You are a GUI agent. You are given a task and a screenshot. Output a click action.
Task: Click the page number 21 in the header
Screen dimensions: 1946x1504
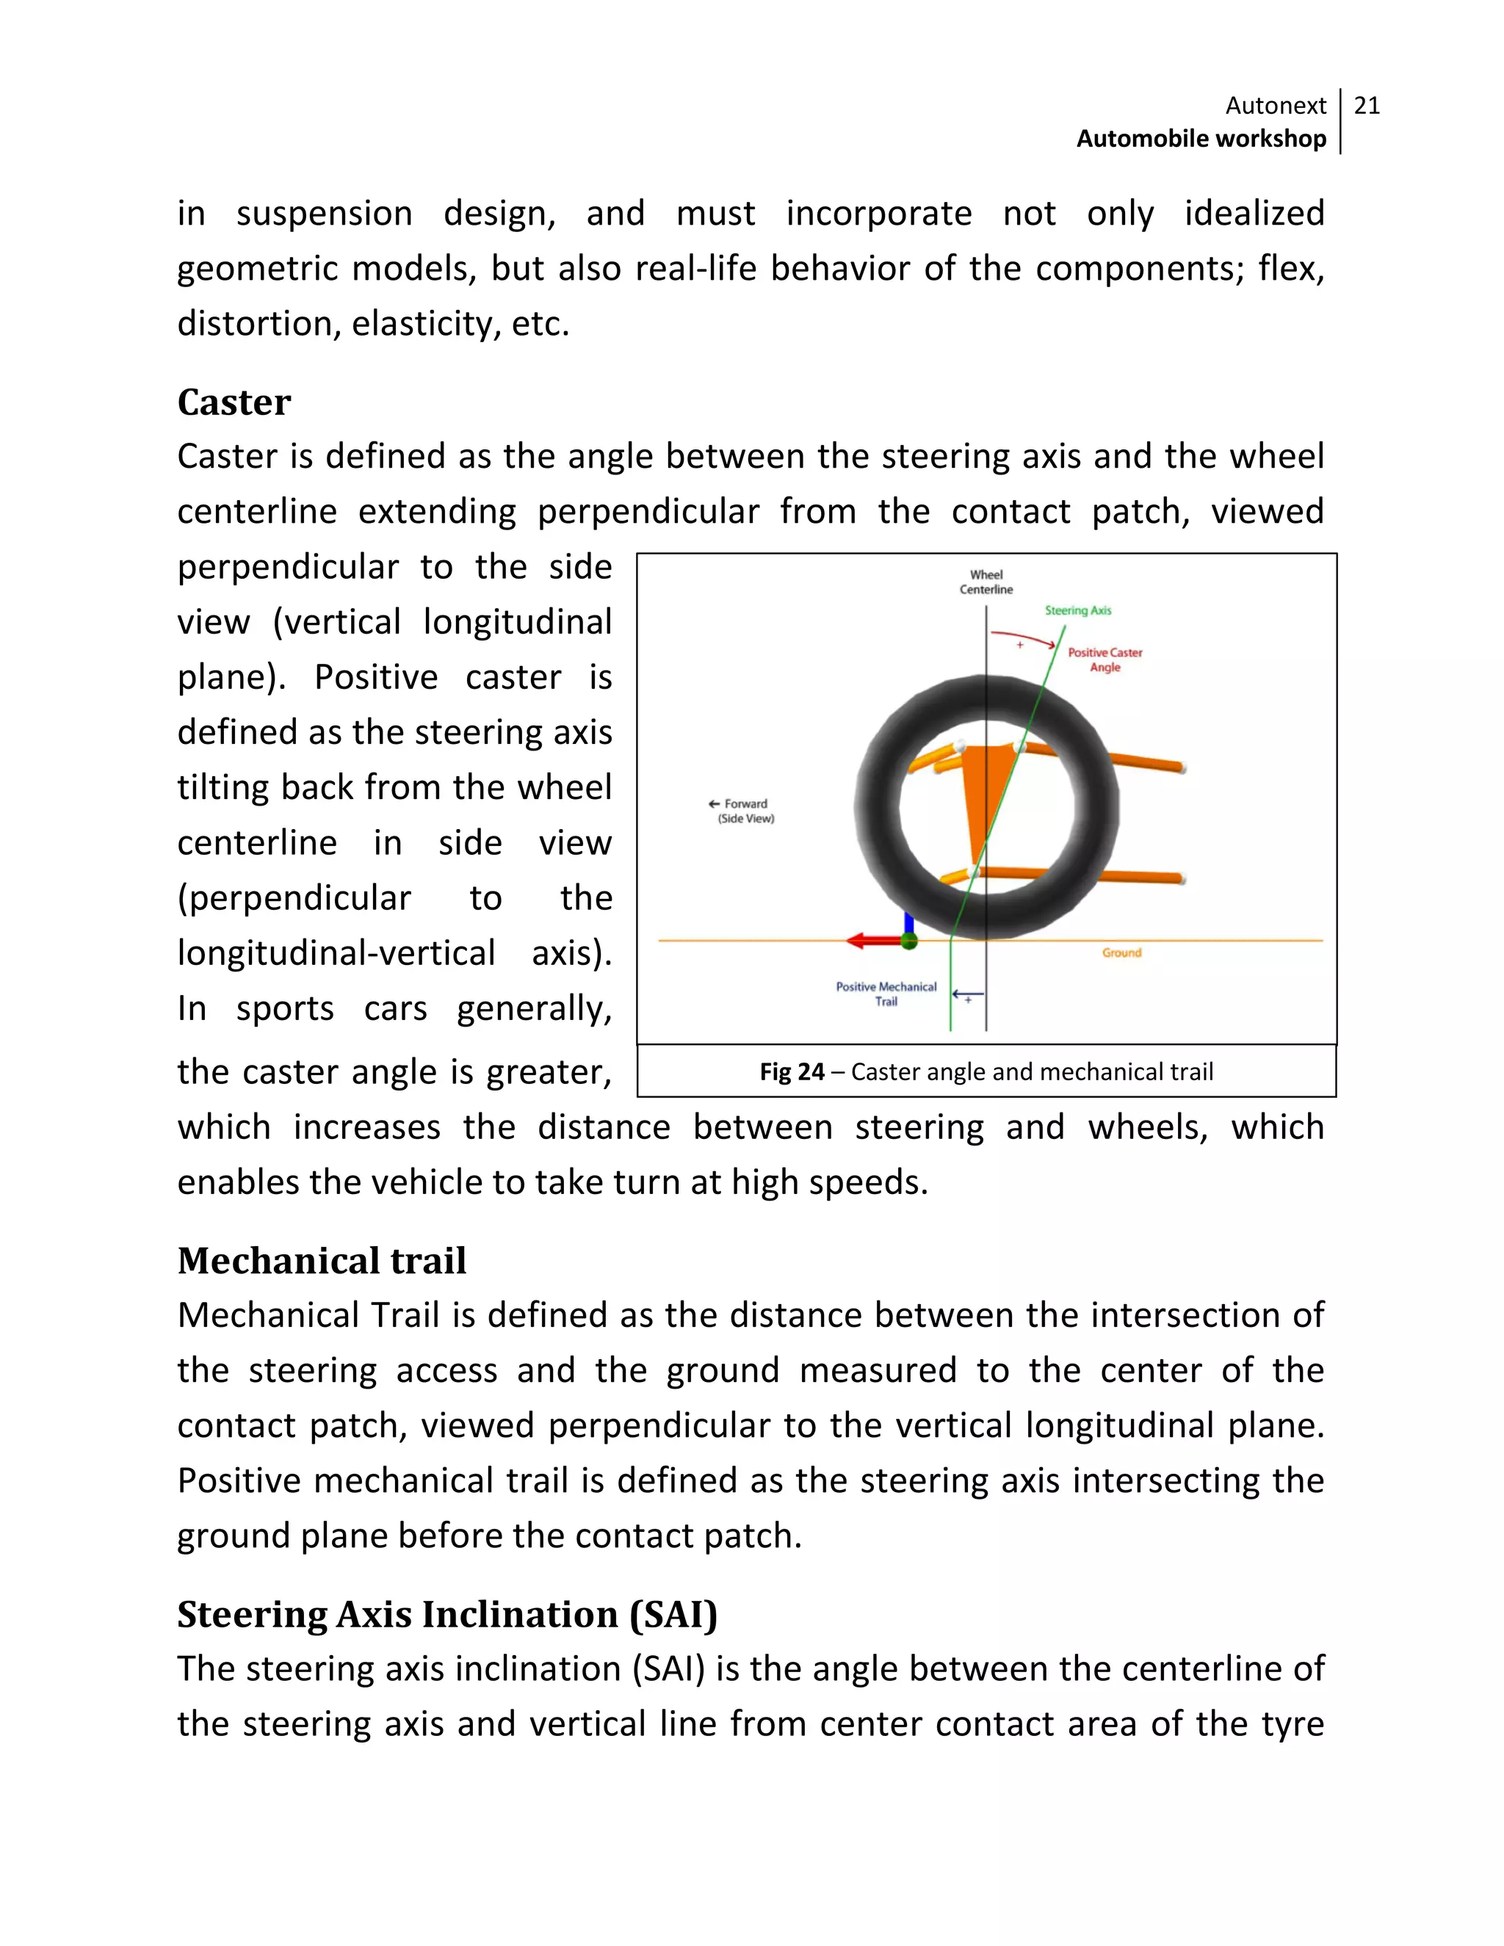(x=1366, y=106)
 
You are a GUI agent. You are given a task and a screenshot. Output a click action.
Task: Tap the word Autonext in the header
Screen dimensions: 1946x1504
(x=1275, y=106)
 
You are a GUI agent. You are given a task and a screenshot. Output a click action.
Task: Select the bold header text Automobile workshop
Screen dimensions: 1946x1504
(x=1201, y=139)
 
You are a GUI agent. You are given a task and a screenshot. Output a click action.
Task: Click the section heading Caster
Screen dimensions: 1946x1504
(x=234, y=402)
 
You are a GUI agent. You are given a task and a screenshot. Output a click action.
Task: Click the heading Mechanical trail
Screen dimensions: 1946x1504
(x=322, y=1261)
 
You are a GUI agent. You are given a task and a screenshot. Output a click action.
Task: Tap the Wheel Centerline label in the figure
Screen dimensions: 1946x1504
(x=986, y=582)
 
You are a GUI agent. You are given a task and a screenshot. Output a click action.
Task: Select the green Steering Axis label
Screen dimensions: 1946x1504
(x=1077, y=610)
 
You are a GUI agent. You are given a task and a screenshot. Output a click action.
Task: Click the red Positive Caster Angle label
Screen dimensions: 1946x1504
(x=1104, y=659)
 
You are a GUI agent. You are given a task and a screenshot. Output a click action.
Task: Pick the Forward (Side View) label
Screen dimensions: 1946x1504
(x=744, y=811)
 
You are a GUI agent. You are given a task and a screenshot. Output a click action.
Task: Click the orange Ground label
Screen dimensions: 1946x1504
(x=1121, y=952)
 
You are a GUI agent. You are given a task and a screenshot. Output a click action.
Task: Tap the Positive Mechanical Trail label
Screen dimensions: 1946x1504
(x=886, y=994)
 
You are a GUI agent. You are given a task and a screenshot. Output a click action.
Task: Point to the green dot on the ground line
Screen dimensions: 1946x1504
(x=909, y=941)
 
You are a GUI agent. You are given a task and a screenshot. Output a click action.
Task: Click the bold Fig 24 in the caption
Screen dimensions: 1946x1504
(x=791, y=1072)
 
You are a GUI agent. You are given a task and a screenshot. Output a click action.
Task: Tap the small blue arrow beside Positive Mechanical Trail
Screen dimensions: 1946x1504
(x=968, y=994)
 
